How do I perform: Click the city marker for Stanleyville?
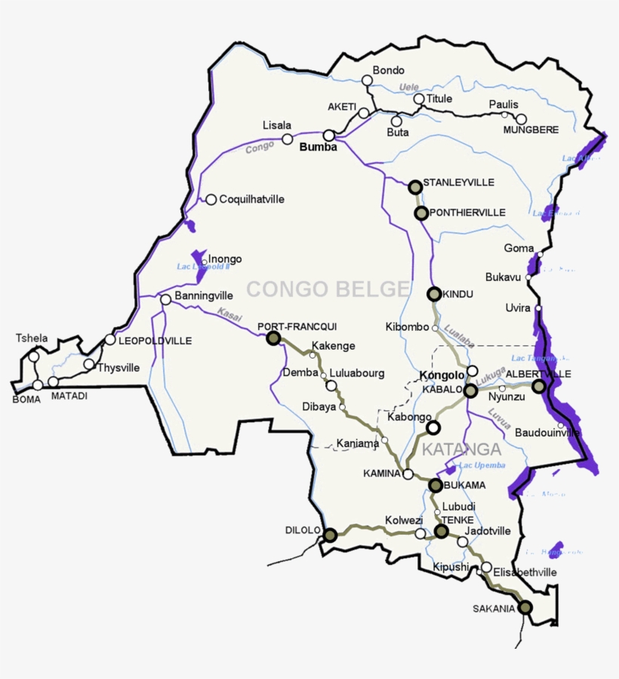coord(414,186)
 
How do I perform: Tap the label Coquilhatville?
coord(252,199)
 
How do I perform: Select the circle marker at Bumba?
coord(329,135)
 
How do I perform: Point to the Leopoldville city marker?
coord(110,340)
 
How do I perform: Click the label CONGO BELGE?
coord(328,289)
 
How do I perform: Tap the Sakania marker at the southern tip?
coord(525,607)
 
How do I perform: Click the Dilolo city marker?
coord(329,535)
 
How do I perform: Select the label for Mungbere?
coord(531,130)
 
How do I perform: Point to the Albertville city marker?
coord(538,386)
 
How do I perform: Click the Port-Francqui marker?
coord(273,338)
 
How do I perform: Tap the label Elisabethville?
coord(525,573)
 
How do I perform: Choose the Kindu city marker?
coord(434,293)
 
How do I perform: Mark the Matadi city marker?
coord(54,382)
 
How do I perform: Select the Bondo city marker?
coord(368,80)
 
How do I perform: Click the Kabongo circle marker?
coord(433,428)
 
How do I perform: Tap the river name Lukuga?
coord(491,372)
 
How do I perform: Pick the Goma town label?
coord(519,248)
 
